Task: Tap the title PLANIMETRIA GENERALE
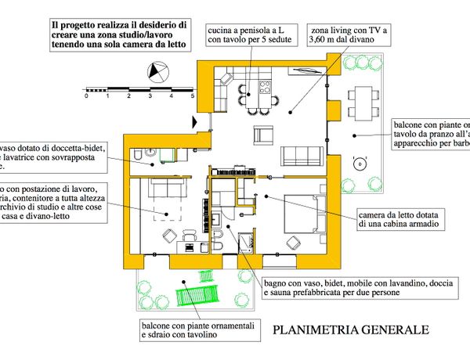click(350, 329)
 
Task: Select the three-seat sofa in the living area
click(301, 153)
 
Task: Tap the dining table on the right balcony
click(363, 99)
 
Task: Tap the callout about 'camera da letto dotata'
click(402, 218)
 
